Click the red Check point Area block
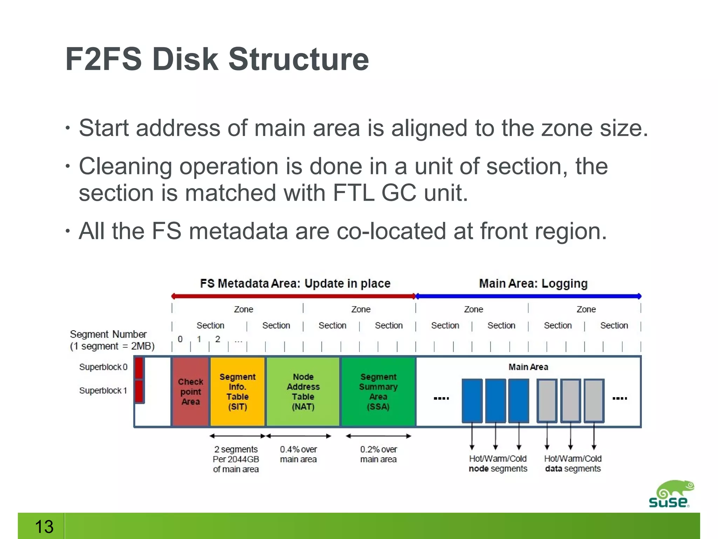[190, 392]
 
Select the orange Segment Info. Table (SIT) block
[237, 392]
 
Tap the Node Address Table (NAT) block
[303, 392]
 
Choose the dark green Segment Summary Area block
[378, 392]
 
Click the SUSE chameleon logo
[670, 494]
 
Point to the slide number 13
[44, 526]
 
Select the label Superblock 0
[103, 367]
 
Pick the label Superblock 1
[103, 391]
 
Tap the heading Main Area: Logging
[533, 283]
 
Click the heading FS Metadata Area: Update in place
[295, 283]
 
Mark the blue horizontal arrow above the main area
[528, 296]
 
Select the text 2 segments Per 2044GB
[236, 454]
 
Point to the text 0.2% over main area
[378, 454]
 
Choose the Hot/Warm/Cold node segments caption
[498, 464]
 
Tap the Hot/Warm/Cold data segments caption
[573, 464]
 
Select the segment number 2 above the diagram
[218, 339]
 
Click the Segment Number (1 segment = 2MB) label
[112, 340]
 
